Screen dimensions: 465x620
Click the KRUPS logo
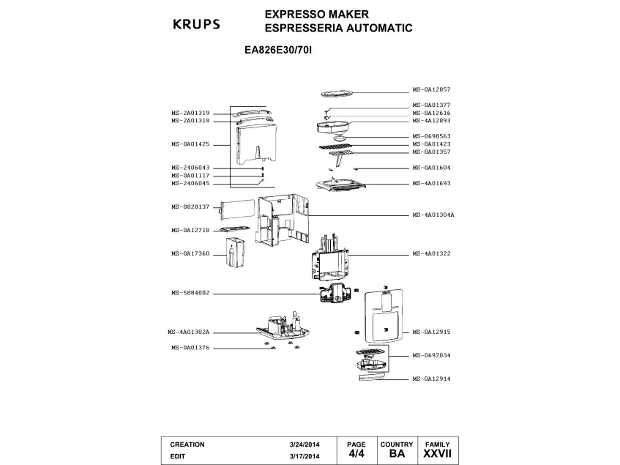[x=196, y=23]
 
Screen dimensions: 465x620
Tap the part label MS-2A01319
[x=191, y=113]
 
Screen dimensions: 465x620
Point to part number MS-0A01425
[x=191, y=144]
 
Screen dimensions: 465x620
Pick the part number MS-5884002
[x=191, y=293]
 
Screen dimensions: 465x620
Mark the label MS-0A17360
[x=191, y=253]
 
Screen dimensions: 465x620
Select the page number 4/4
[x=356, y=454]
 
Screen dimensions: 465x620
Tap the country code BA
[x=397, y=454]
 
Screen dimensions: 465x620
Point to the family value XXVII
[x=437, y=454]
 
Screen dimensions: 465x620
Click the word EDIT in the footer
[x=178, y=455]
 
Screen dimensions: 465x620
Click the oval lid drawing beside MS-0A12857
[x=337, y=93]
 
